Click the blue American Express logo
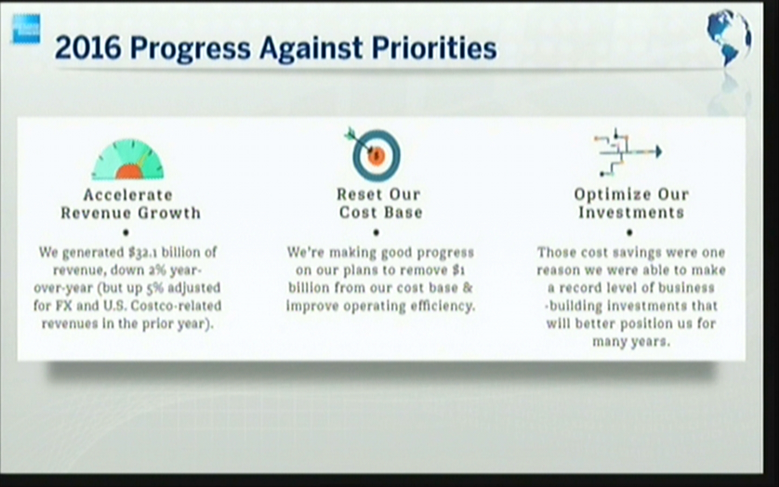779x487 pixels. click(27, 29)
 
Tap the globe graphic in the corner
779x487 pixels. click(728, 37)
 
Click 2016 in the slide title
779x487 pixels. click(88, 48)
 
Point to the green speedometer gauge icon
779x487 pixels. click(128, 159)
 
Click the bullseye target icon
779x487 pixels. click(374, 154)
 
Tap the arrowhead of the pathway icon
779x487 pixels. click(658, 152)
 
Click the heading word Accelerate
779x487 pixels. click(128, 195)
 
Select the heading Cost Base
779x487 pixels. click(381, 212)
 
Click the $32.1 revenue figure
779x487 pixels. click(142, 253)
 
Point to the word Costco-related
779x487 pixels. click(176, 306)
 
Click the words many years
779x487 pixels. click(631, 341)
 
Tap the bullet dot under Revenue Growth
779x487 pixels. click(126, 232)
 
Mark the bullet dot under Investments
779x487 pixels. click(630, 232)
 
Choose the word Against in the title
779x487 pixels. click(311, 49)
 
